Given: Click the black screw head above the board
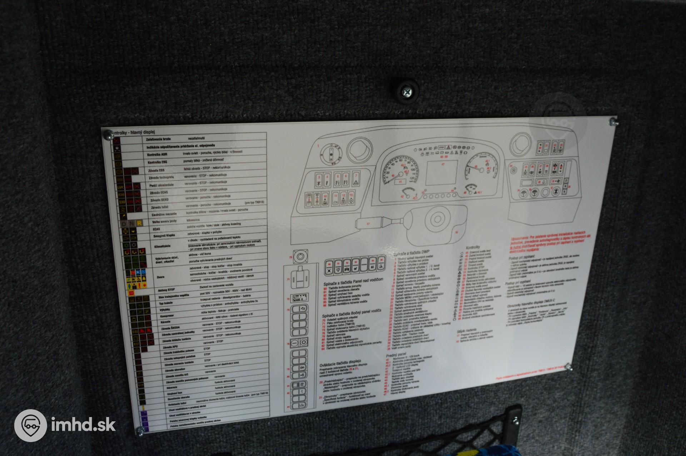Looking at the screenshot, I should point(408,91).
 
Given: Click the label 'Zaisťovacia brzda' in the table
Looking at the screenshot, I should point(158,139).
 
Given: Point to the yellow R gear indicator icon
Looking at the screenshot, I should point(139,223).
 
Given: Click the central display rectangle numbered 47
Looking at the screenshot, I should point(442,173).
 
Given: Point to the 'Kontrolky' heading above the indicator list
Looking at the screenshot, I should point(473,247).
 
